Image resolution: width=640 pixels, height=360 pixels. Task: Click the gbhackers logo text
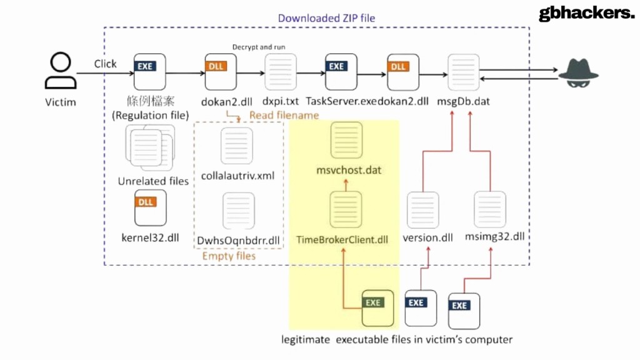[x=586, y=14]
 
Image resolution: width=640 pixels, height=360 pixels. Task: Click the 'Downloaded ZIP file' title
[x=326, y=18]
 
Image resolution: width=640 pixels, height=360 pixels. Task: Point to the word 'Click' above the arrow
[x=105, y=64]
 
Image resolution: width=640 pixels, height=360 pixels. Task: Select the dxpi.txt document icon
[x=281, y=72]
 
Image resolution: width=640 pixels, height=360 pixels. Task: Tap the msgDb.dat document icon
[x=464, y=72]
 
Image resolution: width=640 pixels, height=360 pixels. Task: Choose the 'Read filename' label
[x=284, y=115]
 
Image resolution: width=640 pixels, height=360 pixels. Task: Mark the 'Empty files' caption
[x=229, y=256]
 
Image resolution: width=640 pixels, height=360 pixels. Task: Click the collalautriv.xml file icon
[x=237, y=146]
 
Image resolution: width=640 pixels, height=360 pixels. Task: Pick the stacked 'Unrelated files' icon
[x=149, y=147]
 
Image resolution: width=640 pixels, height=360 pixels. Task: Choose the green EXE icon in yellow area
[x=378, y=309]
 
